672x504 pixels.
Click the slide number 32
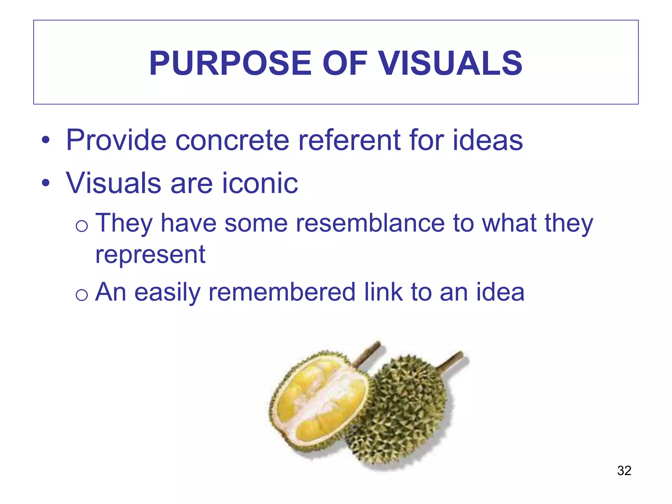(624, 471)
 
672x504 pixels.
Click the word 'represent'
(150, 255)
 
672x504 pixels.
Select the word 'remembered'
(282, 292)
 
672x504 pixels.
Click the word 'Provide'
(116, 140)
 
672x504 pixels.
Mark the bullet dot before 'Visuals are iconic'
(46, 183)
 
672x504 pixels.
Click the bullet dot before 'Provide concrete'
(46, 140)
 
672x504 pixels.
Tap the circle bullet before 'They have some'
(81, 226)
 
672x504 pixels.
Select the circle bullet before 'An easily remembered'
(81, 295)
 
